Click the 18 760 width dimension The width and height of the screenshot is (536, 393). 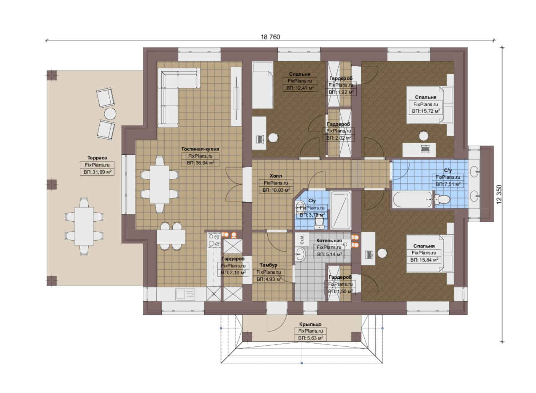[270, 37]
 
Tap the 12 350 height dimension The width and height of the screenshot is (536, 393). [499, 194]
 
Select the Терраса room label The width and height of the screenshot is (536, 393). [97, 158]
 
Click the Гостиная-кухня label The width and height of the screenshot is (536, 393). [200, 149]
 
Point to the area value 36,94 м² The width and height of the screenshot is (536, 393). [200, 163]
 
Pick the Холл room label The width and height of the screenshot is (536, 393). [276, 176]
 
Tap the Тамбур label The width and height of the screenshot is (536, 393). [268, 265]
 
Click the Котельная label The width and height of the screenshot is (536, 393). [329, 240]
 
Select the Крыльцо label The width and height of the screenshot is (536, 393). [310, 324]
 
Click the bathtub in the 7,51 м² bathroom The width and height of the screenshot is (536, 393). [412, 199]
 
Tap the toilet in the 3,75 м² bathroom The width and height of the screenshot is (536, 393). [319, 223]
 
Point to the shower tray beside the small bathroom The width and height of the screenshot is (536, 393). [340, 210]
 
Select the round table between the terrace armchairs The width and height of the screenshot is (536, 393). [110, 114]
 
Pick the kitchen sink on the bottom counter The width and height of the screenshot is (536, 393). [185, 294]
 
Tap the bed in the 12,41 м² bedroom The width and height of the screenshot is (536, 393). [263, 85]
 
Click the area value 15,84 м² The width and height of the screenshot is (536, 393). [424, 260]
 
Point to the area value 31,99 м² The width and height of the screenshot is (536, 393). [97, 172]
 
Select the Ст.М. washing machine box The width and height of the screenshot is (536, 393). [301, 239]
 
